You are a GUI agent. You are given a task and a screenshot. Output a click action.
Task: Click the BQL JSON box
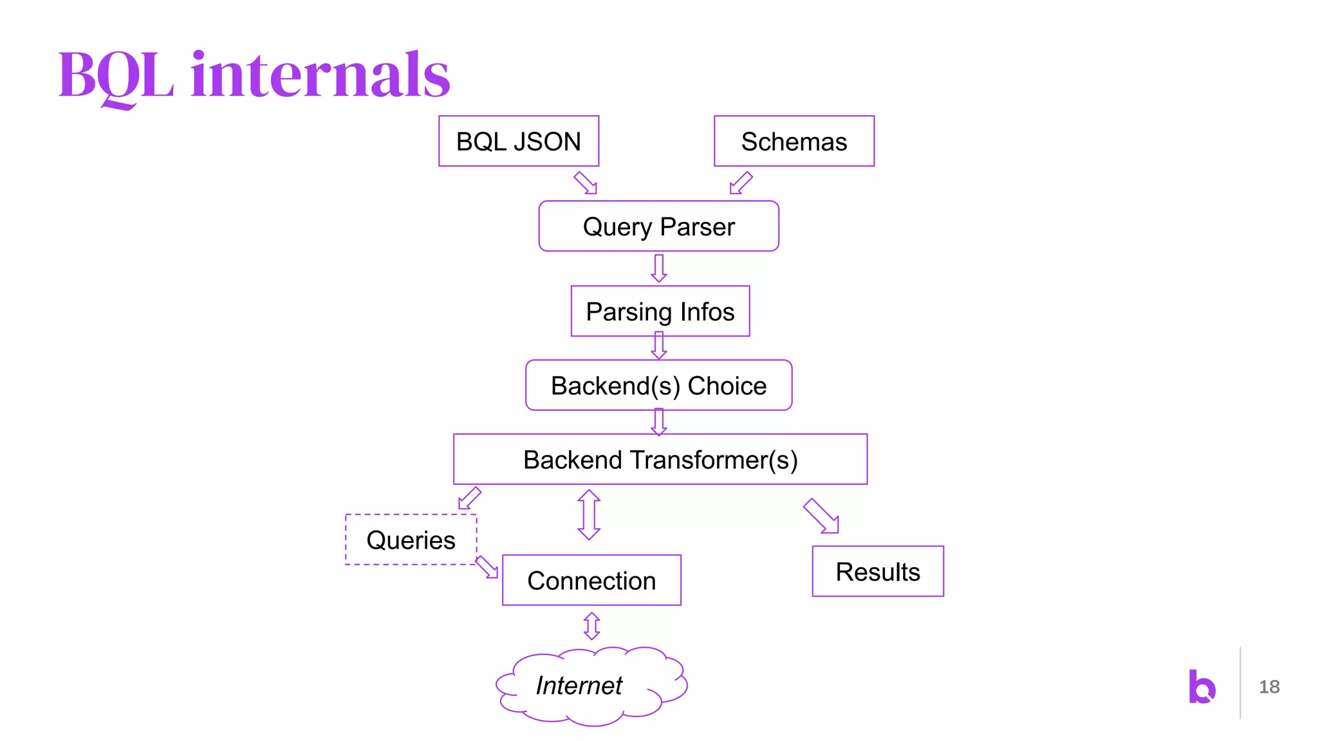[519, 141]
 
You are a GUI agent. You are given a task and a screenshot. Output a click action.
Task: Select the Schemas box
[794, 141]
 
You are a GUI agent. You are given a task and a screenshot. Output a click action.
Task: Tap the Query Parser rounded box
[658, 226]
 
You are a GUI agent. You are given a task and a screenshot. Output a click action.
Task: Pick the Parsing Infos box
[660, 311]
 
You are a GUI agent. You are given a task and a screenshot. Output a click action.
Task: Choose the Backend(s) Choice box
[658, 385]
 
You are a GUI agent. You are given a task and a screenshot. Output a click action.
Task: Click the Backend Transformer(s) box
[660, 459]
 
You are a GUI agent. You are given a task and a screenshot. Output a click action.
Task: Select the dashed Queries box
[411, 539]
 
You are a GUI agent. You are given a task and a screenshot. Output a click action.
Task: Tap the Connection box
[591, 580]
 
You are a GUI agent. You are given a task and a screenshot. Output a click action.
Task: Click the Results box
[878, 571]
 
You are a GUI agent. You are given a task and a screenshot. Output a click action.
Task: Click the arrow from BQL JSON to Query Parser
[586, 183]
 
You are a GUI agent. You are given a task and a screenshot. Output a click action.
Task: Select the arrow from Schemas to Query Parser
[741, 183]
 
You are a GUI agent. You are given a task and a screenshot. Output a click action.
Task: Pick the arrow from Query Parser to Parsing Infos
[658, 268]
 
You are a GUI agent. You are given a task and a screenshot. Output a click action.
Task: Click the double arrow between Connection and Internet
[591, 625]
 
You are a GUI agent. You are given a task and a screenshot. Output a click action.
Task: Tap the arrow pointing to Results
[821, 516]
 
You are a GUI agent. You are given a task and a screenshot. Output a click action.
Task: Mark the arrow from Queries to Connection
[487, 567]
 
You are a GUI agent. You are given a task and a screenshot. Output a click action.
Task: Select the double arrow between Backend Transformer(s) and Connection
[589, 515]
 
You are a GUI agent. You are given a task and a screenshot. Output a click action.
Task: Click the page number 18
[1269, 686]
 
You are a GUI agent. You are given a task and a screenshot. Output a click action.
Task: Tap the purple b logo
[1202, 686]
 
